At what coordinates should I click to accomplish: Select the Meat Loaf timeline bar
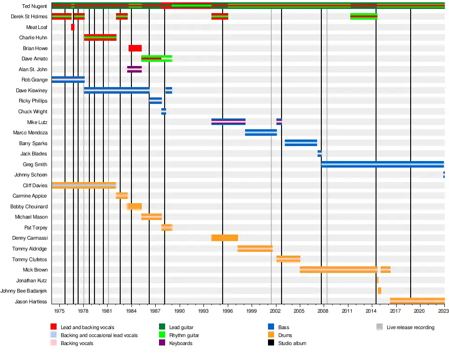(x=72, y=27)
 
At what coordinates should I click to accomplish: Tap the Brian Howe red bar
(x=135, y=48)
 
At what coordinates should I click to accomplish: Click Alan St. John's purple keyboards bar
(x=134, y=69)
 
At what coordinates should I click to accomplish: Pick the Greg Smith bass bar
(x=382, y=164)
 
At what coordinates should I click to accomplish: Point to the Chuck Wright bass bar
(x=164, y=111)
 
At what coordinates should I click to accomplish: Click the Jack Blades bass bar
(x=319, y=154)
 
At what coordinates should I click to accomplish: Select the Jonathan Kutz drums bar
(x=377, y=280)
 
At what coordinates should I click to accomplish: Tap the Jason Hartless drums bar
(x=417, y=301)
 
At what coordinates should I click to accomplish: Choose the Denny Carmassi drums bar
(x=224, y=238)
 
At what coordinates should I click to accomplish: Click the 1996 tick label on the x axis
(x=228, y=311)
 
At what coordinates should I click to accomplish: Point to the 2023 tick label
(x=444, y=311)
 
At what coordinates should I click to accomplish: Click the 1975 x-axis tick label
(x=59, y=311)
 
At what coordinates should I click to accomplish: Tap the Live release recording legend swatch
(x=380, y=327)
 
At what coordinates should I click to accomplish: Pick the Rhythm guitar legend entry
(x=184, y=335)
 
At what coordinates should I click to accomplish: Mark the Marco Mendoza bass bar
(x=261, y=132)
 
